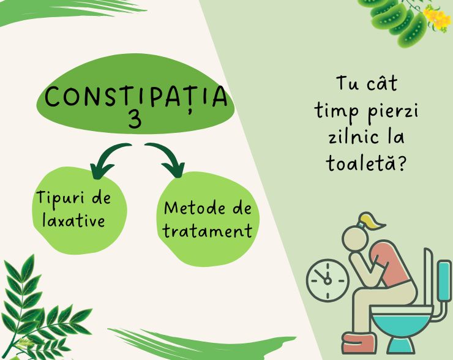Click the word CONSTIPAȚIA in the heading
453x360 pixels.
(x=136, y=97)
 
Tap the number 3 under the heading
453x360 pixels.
(x=135, y=120)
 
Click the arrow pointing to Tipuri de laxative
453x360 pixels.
(x=108, y=157)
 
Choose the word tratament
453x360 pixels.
(x=208, y=231)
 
